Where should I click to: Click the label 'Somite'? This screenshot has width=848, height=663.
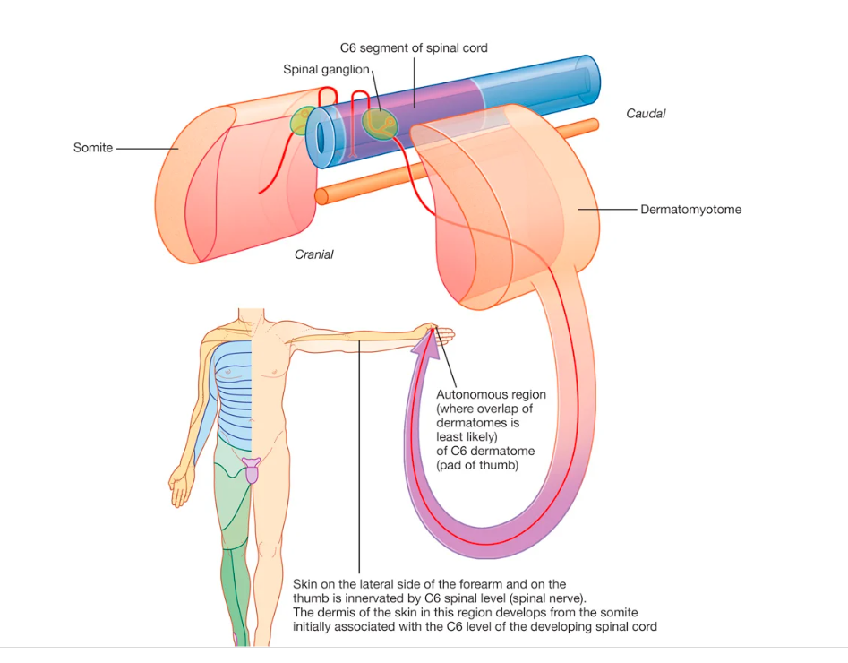point(93,148)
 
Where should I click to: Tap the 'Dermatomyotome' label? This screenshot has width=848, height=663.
point(690,210)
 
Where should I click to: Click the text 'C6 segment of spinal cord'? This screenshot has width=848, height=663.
point(414,47)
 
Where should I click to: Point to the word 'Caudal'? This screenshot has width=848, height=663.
point(646,114)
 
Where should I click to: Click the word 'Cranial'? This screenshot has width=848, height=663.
point(313,254)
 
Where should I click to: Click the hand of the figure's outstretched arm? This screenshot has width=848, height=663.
point(441,334)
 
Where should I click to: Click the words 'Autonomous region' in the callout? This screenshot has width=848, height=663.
point(491,394)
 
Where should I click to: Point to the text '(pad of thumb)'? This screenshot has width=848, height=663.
point(476,466)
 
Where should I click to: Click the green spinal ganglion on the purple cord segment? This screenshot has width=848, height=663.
point(378,124)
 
